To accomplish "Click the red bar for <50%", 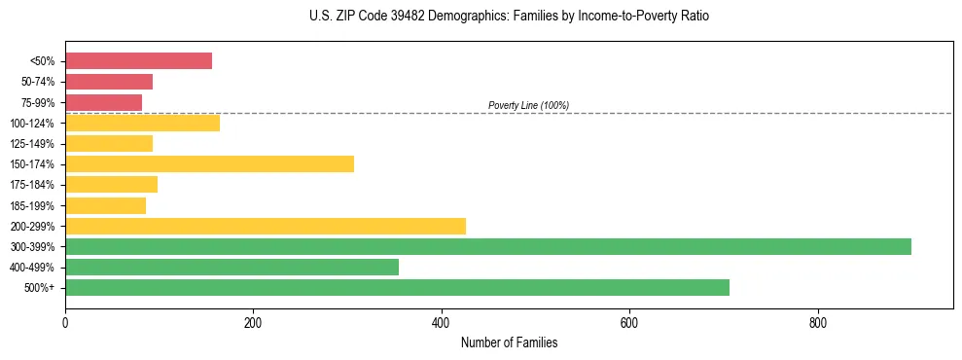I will [138, 61].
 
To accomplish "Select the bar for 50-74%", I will [109, 82].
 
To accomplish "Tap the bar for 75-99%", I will [103, 102].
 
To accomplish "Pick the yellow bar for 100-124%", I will [142, 123].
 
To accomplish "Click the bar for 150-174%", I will [209, 163].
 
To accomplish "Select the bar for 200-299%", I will [266, 226].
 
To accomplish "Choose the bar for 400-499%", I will [232, 267].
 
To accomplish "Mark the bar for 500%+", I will [397, 287].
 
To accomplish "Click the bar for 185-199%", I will [105, 205].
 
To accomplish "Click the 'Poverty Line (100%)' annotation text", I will [528, 105].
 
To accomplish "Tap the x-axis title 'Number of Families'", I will [509, 342].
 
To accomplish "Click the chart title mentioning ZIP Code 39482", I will [509, 17].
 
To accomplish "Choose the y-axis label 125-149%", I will [32, 144].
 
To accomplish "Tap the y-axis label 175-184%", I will [32, 185].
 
